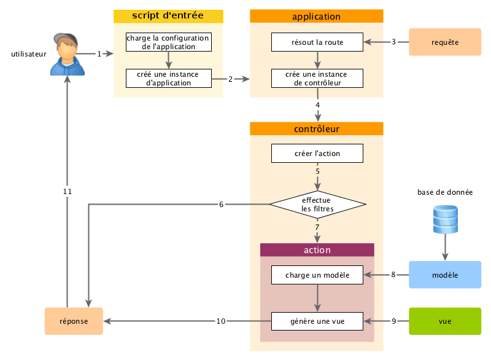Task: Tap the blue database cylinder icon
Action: [445, 219]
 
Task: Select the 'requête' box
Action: [445, 42]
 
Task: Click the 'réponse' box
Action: [74, 321]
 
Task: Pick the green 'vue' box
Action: [445, 321]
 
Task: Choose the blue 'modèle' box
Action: [445, 275]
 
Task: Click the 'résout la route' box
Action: [317, 42]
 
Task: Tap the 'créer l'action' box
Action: [317, 153]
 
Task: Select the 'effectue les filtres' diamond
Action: [317, 204]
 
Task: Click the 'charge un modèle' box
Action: [317, 275]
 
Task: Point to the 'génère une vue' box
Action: [317, 321]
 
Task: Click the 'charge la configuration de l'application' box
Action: [169, 42]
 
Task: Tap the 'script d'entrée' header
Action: [168, 15]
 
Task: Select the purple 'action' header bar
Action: [317, 250]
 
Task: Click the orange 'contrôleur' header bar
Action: [317, 128]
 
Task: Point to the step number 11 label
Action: [68, 191]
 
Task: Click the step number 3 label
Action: [393, 42]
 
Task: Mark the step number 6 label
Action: [222, 204]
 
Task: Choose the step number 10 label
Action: [222, 321]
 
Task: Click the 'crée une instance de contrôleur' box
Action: [317, 78]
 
